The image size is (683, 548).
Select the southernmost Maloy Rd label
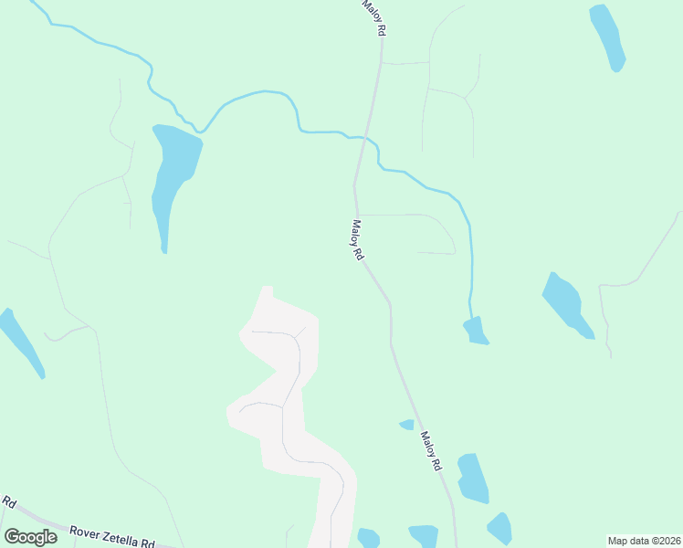pos(431,450)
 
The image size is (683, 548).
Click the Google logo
pos(30,537)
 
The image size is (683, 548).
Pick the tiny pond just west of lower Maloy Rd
pos(407,424)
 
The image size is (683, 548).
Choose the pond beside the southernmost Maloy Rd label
pos(472,478)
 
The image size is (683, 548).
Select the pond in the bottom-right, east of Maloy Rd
pos(499,528)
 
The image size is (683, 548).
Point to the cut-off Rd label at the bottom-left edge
pos(9,502)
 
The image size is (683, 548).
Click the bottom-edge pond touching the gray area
pos(368,538)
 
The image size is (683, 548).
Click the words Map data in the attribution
pos(628,540)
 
